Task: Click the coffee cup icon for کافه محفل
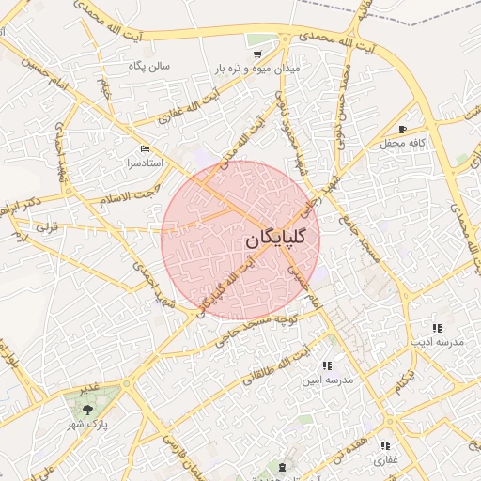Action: pos(403,130)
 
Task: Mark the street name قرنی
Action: pos(47,226)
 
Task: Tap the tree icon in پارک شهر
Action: pos(87,411)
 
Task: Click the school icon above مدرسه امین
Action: pos(327,365)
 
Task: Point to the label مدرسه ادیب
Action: pos(438,343)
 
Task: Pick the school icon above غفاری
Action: pos(385,445)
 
